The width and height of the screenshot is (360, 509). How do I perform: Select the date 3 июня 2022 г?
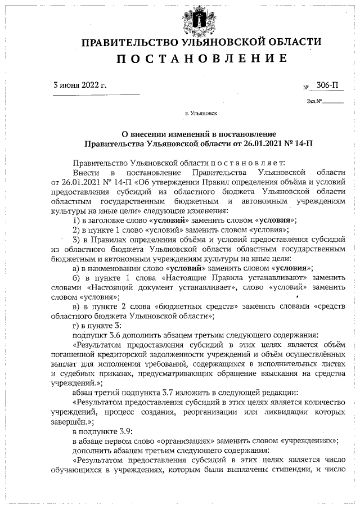click(x=79, y=85)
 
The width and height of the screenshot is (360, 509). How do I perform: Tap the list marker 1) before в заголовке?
click(x=78, y=220)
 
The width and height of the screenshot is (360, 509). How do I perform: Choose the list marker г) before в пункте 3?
click(x=77, y=326)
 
